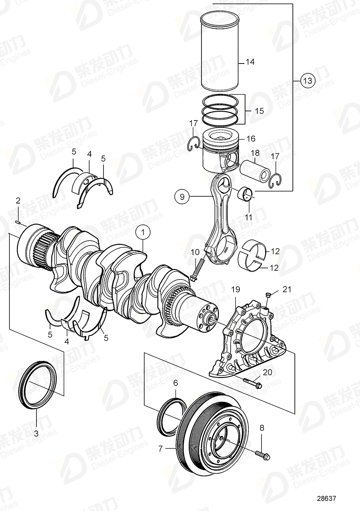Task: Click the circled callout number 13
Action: click(x=308, y=81)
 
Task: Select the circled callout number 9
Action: click(x=182, y=197)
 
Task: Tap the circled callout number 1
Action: click(x=142, y=233)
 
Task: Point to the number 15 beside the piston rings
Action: click(x=258, y=110)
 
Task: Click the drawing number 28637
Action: click(x=326, y=499)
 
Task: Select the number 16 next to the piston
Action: click(x=251, y=139)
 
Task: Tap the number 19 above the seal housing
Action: click(x=235, y=289)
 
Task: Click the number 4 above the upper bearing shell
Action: click(x=89, y=154)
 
